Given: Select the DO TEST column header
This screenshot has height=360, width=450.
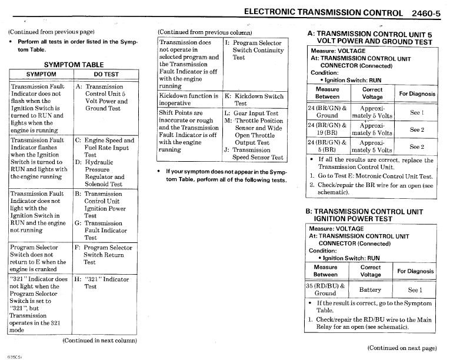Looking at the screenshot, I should point(106,74).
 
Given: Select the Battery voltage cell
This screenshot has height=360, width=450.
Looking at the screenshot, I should point(370,289).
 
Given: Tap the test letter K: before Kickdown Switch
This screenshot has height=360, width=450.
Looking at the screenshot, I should point(228,95).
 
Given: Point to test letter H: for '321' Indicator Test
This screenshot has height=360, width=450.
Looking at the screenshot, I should point(79,279).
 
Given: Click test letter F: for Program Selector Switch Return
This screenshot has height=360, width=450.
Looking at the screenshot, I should point(78,248).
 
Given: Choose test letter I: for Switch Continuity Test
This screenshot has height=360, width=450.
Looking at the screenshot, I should point(227,43).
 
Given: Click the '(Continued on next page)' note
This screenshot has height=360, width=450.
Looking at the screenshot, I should point(402,348).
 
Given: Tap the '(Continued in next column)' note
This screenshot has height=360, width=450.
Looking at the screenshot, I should point(100,340).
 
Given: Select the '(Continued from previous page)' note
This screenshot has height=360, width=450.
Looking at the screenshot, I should point(52,31).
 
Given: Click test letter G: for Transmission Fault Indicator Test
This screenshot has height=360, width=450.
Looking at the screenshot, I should point(78,224).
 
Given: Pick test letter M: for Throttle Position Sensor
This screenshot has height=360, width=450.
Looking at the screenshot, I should point(228,121).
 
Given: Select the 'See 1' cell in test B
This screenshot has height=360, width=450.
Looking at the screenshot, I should point(415,289).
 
